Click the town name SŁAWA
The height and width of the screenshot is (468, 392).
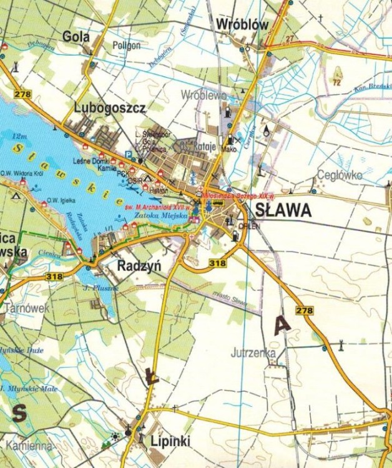(283, 211)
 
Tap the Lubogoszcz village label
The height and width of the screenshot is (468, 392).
(110, 108)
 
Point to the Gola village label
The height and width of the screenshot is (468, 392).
(76, 37)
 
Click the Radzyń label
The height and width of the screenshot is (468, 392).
(139, 265)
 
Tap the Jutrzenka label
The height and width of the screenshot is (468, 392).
(252, 353)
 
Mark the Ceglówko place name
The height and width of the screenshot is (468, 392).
(340, 175)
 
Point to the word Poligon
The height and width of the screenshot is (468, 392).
(127, 46)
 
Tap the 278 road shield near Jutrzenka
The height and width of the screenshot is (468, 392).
(305, 310)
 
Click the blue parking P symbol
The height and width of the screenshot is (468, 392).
(129, 154)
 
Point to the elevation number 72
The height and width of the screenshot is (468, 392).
(338, 82)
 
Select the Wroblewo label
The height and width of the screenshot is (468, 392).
(203, 95)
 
